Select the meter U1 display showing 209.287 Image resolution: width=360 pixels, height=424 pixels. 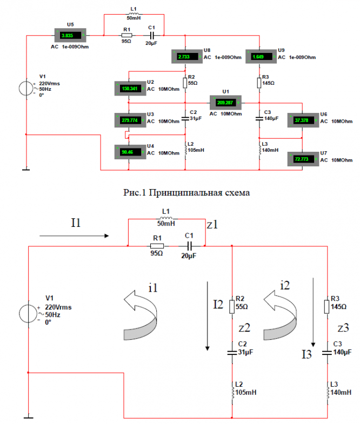[226, 102]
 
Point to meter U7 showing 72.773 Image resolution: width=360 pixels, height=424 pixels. [303, 160]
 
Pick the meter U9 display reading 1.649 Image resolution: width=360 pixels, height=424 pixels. [260, 56]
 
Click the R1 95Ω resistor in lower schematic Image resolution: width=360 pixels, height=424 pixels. [157, 247]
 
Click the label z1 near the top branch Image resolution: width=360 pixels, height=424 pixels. [212, 225]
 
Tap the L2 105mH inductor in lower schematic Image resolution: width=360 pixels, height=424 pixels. [232, 392]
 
